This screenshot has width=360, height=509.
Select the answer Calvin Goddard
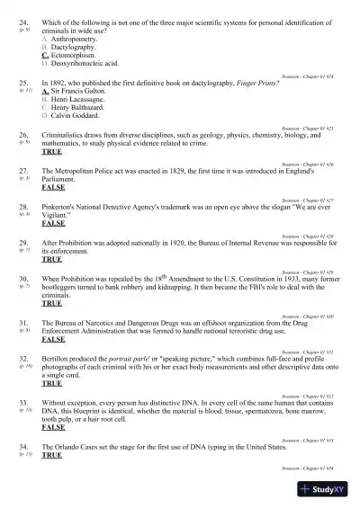point(79,116)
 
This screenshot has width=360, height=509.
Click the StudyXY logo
point(326,489)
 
